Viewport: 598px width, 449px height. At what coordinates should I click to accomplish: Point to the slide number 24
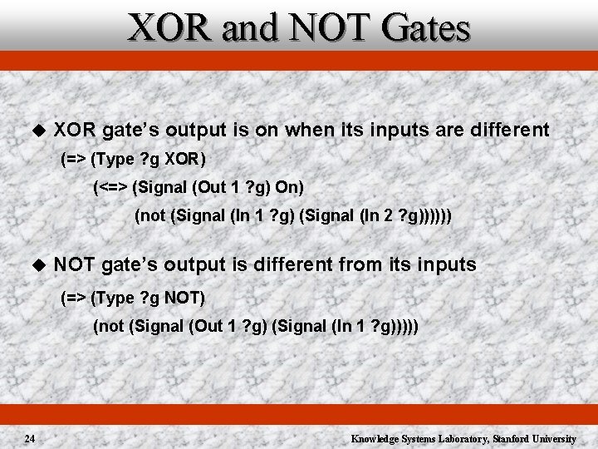tap(29, 438)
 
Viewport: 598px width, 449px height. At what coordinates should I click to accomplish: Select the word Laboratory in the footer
tap(460, 438)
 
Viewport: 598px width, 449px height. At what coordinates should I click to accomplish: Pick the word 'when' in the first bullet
tap(307, 130)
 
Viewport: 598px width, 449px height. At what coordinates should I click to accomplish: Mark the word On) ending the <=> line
tap(291, 187)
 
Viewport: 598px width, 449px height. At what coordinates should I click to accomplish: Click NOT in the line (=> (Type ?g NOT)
tap(186, 297)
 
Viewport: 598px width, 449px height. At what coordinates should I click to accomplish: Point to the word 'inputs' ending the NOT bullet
tap(445, 265)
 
